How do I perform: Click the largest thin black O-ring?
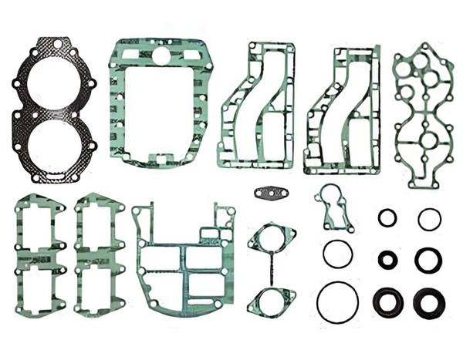click(337, 302)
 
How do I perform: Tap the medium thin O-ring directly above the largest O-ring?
click(337, 254)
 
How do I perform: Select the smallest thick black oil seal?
click(387, 260)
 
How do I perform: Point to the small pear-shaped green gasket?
click(332, 207)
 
